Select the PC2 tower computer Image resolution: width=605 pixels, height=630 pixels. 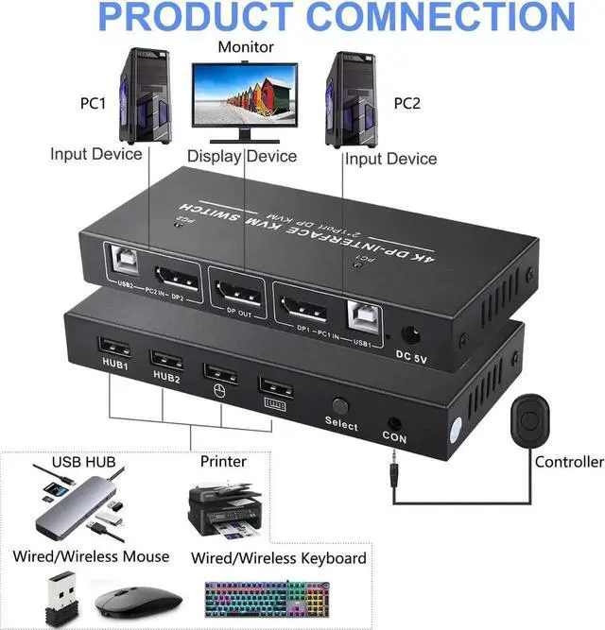pyautogui.click(x=351, y=100)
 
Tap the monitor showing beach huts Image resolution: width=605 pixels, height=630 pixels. pyautogui.click(x=244, y=96)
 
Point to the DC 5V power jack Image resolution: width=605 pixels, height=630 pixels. pyautogui.click(x=411, y=335)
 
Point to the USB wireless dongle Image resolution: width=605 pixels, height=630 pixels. pyautogui.click(x=49, y=595)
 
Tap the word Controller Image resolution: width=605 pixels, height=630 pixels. pyautogui.click(x=569, y=462)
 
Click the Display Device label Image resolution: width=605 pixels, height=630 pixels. pyautogui.click(x=241, y=156)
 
